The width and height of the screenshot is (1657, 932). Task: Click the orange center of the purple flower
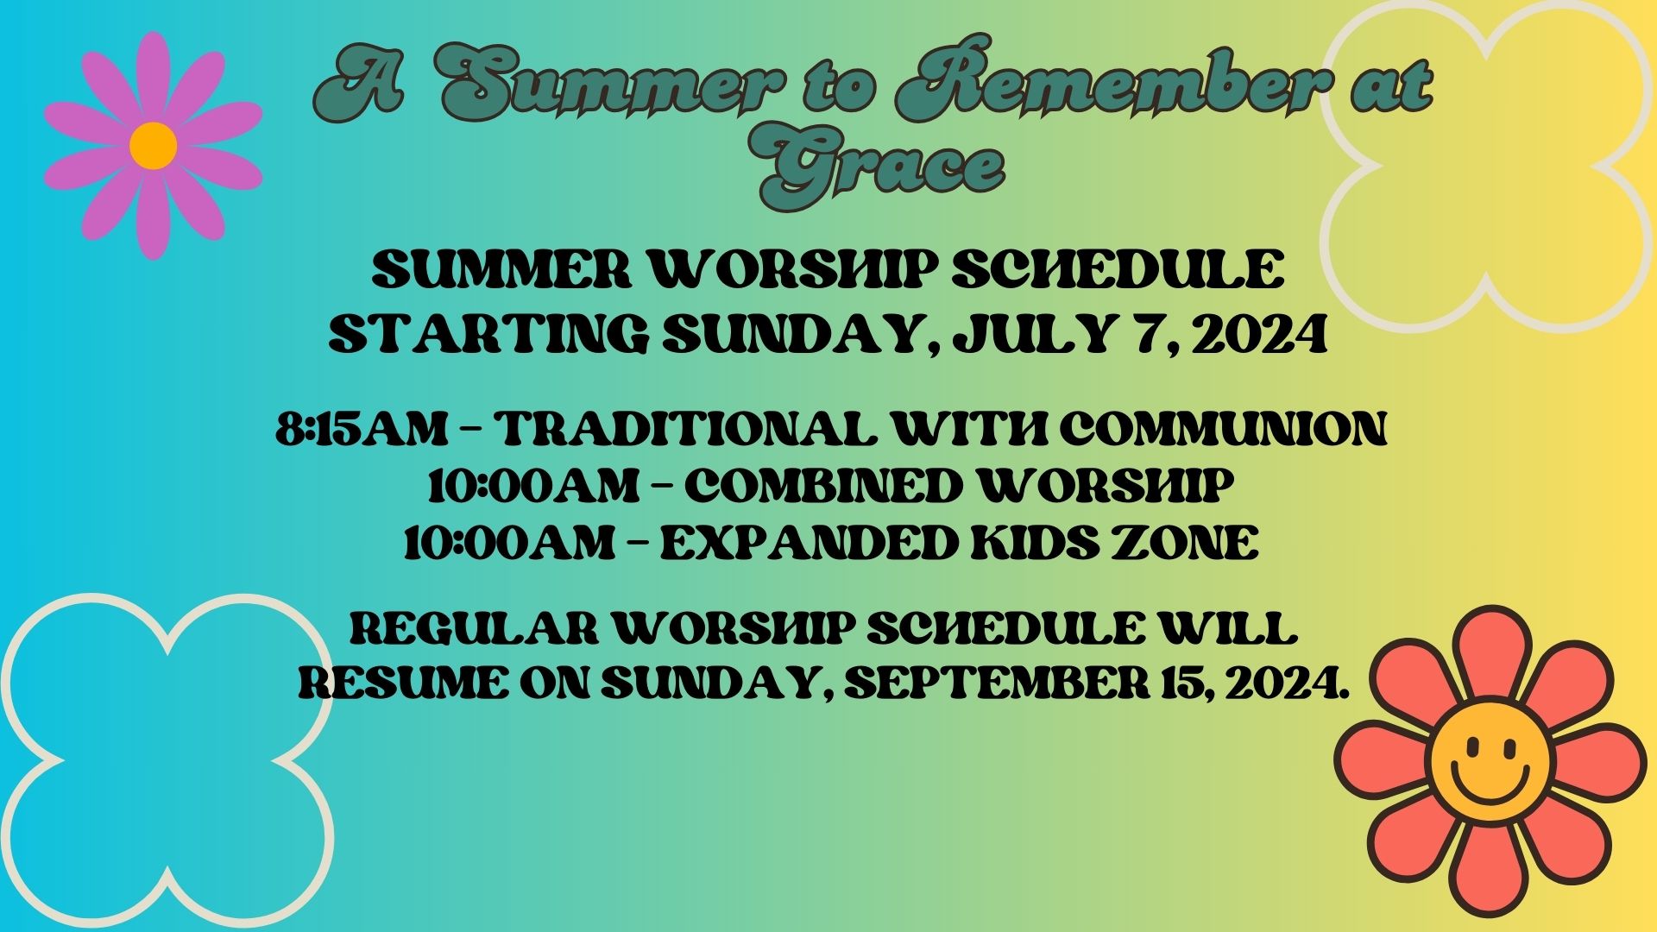click(x=154, y=146)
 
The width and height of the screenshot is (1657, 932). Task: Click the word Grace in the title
click(x=882, y=167)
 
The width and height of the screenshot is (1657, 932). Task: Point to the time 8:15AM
click(x=361, y=427)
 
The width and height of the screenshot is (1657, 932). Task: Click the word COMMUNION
click(x=1223, y=427)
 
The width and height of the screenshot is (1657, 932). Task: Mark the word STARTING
click(x=488, y=334)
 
